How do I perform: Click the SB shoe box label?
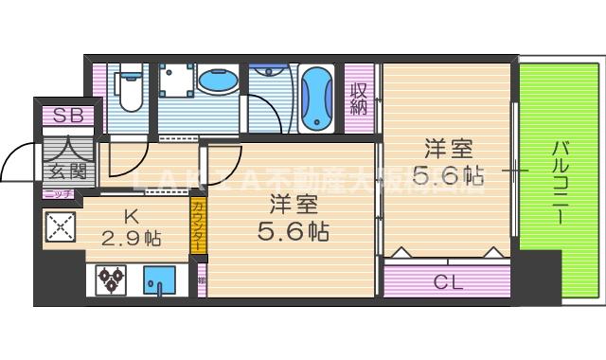[x=67, y=116]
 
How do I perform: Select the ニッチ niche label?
[x=59, y=193]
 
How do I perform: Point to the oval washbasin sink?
[x=219, y=83]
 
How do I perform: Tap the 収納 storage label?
[x=358, y=99]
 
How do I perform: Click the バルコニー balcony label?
[x=559, y=181]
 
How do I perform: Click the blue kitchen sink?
[x=159, y=280]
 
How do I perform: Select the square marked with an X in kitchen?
[x=61, y=226]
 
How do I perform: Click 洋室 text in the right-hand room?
[x=448, y=150]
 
